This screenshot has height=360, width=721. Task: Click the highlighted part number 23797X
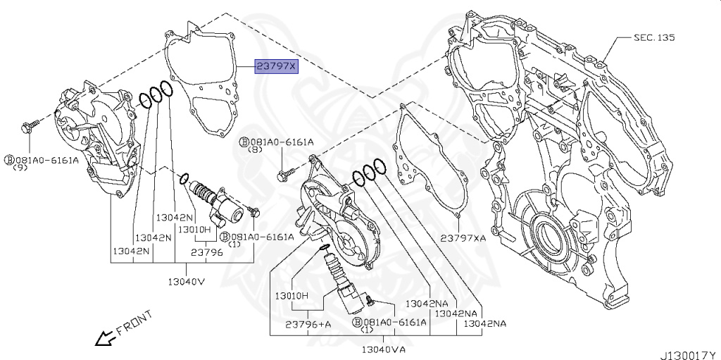coord(277,66)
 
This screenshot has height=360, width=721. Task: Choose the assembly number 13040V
coord(184,281)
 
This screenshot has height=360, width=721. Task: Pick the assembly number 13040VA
coord(383,349)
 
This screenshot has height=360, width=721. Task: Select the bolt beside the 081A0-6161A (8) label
coord(287,171)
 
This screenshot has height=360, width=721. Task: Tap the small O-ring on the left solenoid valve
coord(184,179)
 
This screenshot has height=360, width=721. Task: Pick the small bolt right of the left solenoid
coord(254,211)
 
